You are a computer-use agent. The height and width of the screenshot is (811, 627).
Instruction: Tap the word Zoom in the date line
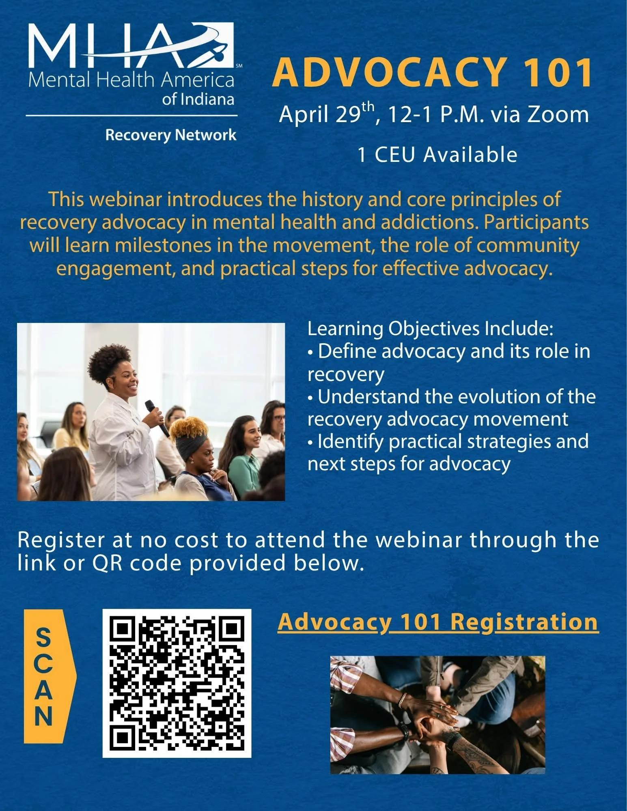pyautogui.click(x=558, y=114)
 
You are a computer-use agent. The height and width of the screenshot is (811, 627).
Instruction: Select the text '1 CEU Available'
pyautogui.click(x=437, y=155)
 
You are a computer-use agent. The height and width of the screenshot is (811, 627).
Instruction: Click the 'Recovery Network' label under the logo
pyautogui.click(x=170, y=135)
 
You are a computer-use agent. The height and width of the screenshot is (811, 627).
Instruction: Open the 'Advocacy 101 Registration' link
pyautogui.click(x=437, y=622)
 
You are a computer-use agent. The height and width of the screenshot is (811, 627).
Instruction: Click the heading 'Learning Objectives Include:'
pyautogui.click(x=430, y=329)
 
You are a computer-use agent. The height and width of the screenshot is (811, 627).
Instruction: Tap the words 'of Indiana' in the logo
pyautogui.click(x=198, y=99)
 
